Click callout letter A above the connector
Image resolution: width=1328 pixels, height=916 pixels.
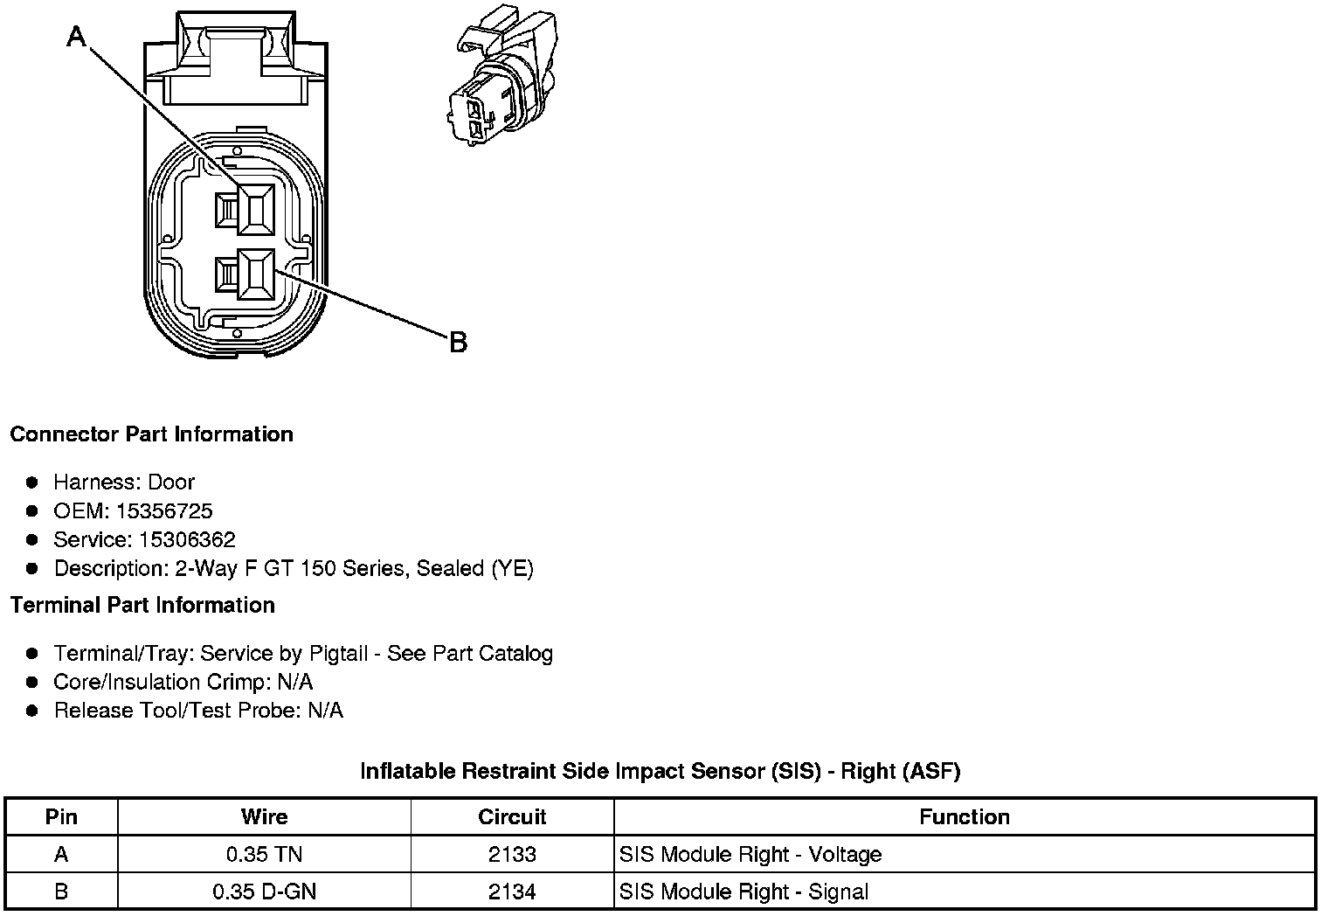(77, 36)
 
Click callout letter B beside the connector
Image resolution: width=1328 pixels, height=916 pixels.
(458, 343)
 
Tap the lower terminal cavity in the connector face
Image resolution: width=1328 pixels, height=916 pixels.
(255, 274)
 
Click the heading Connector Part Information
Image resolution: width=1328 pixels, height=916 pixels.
(151, 434)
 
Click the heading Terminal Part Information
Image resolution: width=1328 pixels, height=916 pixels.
(142, 605)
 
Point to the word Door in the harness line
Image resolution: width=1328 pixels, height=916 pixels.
(171, 482)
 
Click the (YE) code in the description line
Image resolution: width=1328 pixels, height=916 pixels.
(512, 568)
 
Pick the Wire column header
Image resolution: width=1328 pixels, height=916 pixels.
(264, 817)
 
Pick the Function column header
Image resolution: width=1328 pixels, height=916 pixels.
(964, 817)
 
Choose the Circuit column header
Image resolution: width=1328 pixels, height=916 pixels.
(512, 817)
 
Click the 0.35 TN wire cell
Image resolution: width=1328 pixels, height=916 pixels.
(264, 854)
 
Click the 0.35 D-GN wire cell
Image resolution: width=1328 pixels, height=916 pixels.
(264, 892)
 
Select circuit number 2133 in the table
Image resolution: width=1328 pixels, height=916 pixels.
(512, 854)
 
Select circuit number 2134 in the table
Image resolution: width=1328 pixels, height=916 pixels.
(512, 892)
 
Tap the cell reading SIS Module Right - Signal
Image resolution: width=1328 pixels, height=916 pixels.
(744, 892)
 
